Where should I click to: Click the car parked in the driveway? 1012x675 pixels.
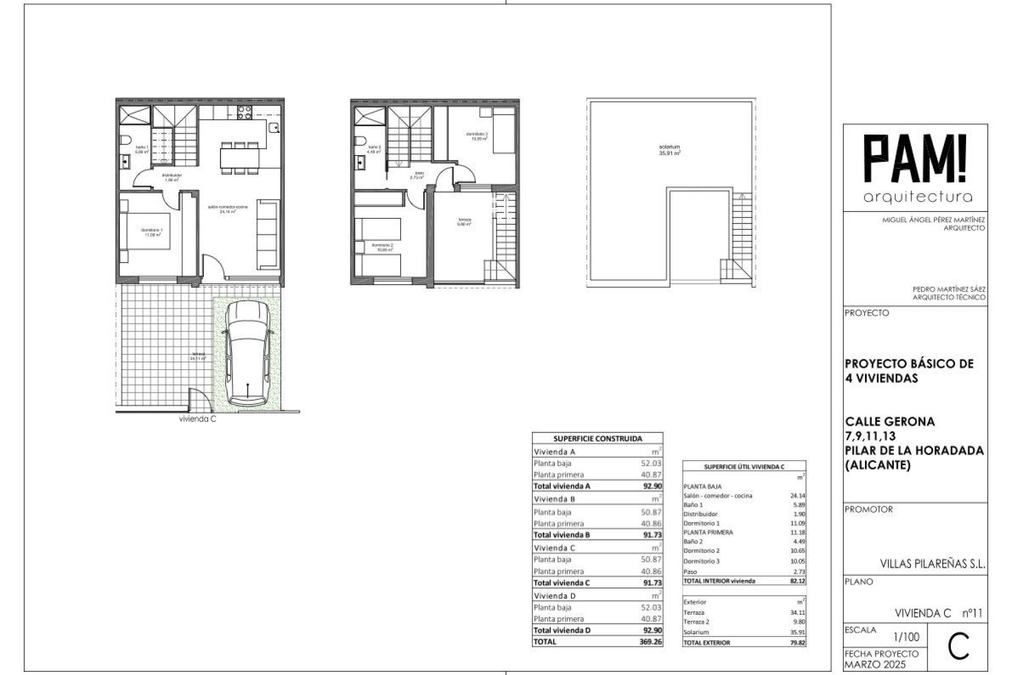247,353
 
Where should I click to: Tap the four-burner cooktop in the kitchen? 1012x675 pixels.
245,112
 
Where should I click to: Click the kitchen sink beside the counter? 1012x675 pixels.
274,127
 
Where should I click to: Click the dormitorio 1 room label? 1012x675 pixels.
152,232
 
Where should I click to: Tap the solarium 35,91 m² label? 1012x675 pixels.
669,150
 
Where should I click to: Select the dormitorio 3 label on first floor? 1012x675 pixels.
477,136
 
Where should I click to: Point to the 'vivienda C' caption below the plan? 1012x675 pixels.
198,420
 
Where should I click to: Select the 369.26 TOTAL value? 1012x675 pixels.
651,642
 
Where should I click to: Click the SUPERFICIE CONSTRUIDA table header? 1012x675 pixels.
598,438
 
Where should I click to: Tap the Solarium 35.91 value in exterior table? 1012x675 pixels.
796,632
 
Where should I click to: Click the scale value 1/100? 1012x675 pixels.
907,637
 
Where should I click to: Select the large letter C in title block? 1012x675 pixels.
958,649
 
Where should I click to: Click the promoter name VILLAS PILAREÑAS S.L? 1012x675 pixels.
932,564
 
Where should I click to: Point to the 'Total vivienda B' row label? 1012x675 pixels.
561,535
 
